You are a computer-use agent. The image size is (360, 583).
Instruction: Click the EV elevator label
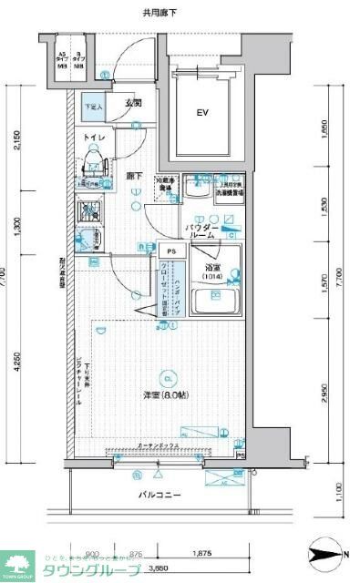(x=202, y=114)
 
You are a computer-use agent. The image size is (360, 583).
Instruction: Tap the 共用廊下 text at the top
(x=159, y=14)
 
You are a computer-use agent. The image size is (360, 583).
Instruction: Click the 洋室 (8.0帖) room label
(x=165, y=394)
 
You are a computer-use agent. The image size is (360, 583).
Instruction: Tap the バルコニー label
(x=159, y=495)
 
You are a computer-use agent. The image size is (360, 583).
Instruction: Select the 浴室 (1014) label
(x=211, y=272)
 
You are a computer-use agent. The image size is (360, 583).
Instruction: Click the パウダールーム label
(x=201, y=230)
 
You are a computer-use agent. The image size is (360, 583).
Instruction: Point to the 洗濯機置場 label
(x=227, y=193)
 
